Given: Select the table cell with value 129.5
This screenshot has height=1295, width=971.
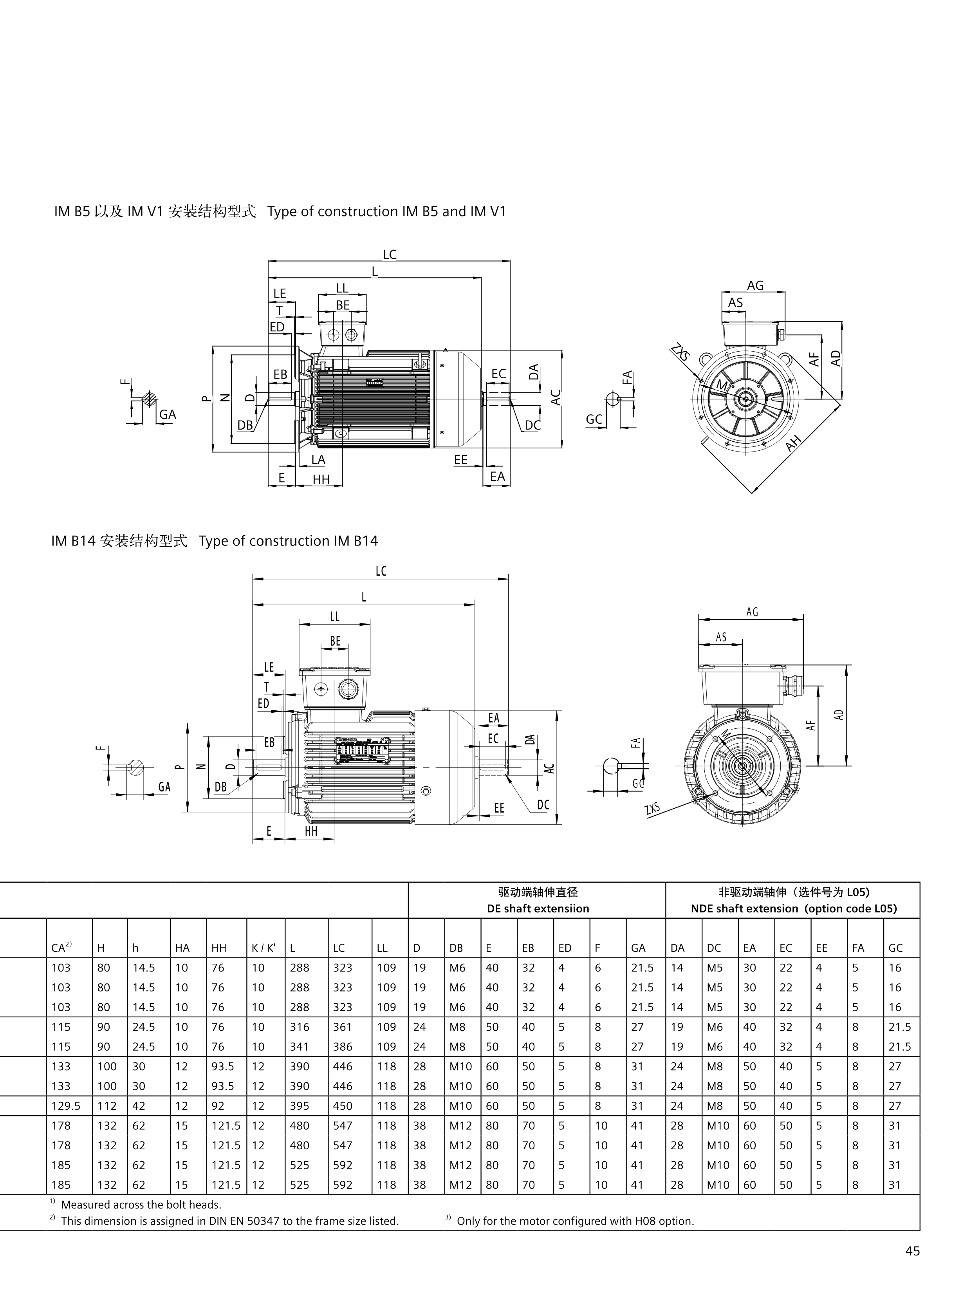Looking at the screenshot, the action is point(65,1106).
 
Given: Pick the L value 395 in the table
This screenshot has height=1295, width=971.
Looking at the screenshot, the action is point(300,1106).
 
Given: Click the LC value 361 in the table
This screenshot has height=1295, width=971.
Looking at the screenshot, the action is point(343,1027).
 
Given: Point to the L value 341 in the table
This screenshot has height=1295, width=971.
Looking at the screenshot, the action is point(300,1047).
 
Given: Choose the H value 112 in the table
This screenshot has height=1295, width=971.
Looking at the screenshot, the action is point(107,1106).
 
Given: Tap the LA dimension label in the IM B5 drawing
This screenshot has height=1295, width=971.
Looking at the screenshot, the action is point(318,460).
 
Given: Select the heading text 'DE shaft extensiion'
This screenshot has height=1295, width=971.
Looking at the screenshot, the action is point(538,908).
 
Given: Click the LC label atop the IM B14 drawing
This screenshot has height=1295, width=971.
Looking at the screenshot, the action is point(381,571).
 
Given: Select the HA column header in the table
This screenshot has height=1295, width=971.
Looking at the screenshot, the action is point(182,948).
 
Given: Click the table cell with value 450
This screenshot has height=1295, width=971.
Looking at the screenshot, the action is point(343,1106).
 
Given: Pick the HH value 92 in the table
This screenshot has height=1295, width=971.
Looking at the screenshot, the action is point(218,1106).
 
